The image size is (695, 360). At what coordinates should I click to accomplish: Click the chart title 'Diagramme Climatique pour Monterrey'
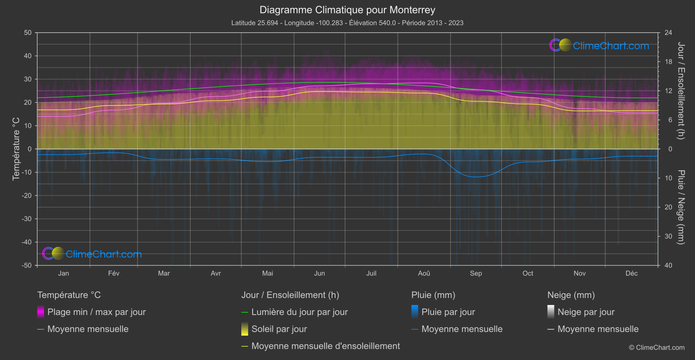coord(347,10)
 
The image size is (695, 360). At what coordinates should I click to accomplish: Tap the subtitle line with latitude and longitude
coord(347,23)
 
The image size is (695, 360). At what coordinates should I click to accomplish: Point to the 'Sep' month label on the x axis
coord(476,273)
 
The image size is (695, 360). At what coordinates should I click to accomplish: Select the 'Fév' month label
coord(113,273)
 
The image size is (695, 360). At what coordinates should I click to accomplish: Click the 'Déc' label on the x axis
coord(631,273)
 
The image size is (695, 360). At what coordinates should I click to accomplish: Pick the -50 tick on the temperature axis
coord(27,265)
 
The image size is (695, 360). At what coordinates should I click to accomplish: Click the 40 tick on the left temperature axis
coord(28,56)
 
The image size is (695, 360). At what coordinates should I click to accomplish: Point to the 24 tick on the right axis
coord(668,33)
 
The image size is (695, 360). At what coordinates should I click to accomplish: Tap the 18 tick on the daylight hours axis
coord(668,62)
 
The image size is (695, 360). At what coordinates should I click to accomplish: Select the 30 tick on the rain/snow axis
coord(668,237)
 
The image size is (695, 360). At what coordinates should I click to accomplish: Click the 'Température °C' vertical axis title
coord(16,149)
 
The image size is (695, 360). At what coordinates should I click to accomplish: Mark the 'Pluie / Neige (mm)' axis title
coord(681,207)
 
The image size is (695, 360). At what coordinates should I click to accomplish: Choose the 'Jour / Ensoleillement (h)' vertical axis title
coord(681,91)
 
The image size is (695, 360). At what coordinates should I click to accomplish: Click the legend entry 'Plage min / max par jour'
coord(96,312)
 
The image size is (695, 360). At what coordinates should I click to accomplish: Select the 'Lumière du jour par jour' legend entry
coord(299,312)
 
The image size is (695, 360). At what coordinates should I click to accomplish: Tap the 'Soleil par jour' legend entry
coord(279,329)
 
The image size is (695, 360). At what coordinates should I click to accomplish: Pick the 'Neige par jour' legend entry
coord(586,312)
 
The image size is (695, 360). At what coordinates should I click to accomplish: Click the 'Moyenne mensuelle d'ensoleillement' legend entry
coord(325,346)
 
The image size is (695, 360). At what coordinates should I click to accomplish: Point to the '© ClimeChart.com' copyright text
coord(657,347)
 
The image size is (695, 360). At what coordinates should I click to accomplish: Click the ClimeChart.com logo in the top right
coord(599,45)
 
